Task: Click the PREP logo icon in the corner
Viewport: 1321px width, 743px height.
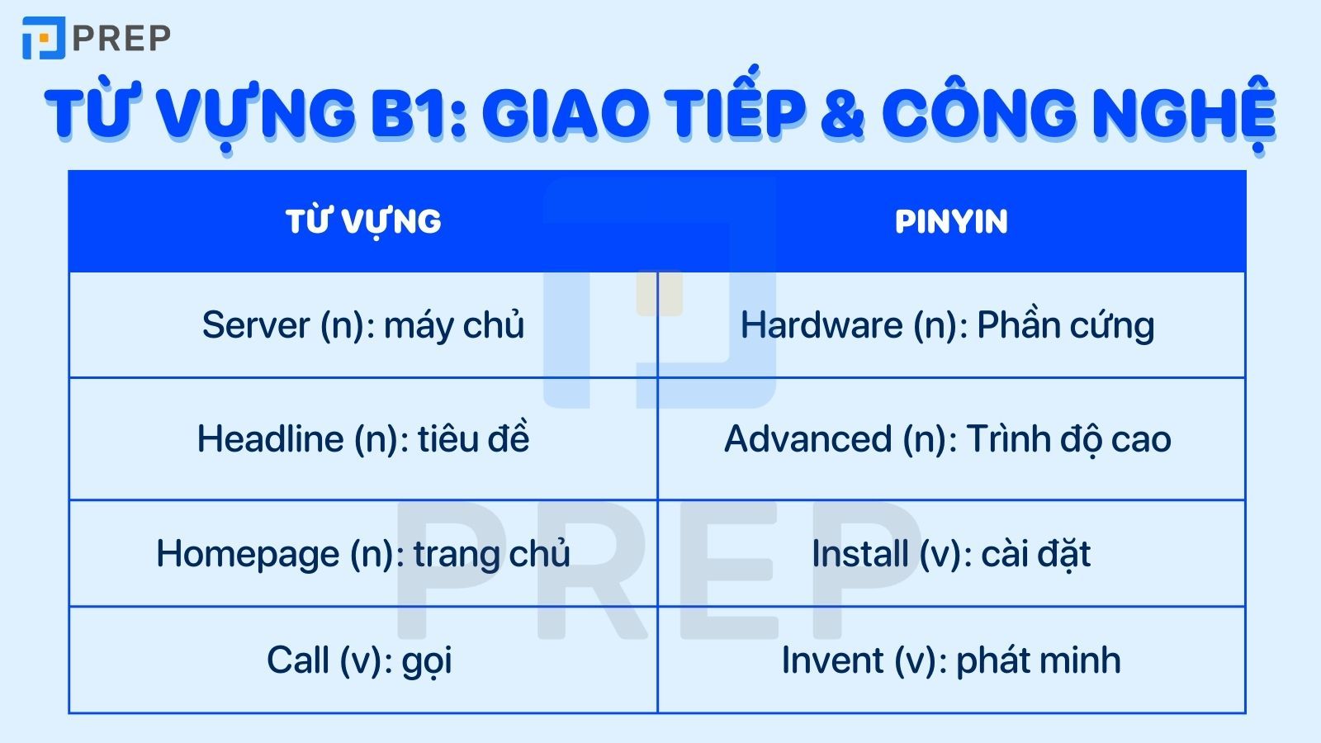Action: (43, 38)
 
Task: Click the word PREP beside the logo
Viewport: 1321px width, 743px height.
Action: (121, 38)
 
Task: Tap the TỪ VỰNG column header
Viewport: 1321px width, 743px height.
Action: (363, 221)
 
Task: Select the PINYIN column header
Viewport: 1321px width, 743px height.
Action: (951, 221)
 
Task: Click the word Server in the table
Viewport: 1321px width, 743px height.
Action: (256, 325)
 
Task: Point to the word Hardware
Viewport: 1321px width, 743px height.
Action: (821, 325)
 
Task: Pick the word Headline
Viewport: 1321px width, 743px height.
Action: (270, 439)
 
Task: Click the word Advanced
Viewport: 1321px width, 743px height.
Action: (808, 439)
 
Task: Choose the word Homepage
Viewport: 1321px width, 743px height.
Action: (248, 554)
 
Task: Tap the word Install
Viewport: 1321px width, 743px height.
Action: (859, 554)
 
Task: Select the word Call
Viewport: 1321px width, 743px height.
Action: (297, 660)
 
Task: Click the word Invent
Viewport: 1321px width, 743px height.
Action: (833, 660)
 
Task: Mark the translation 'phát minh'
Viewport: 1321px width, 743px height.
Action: (1038, 660)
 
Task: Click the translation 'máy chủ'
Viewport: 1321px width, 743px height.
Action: (454, 325)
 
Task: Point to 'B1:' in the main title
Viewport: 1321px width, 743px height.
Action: (418, 113)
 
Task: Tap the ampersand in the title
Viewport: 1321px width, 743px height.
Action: (842, 113)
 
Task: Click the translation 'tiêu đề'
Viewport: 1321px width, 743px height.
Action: (473, 439)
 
